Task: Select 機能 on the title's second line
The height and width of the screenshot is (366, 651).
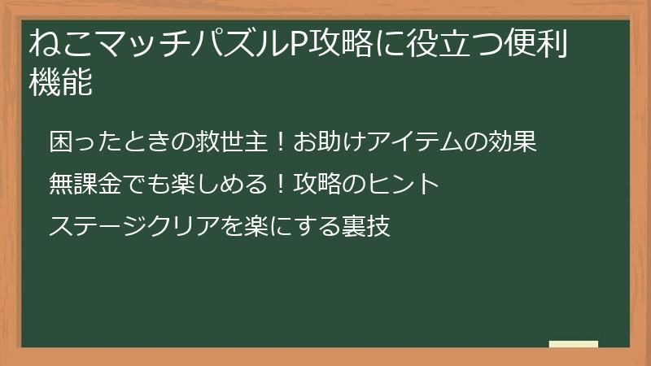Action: pyautogui.click(x=60, y=82)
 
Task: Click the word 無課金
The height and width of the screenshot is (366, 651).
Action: pyautogui.click(x=84, y=184)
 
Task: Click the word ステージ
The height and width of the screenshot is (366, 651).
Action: pyautogui.click(x=99, y=225)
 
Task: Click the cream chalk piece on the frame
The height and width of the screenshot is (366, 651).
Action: pyautogui.click(x=573, y=344)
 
